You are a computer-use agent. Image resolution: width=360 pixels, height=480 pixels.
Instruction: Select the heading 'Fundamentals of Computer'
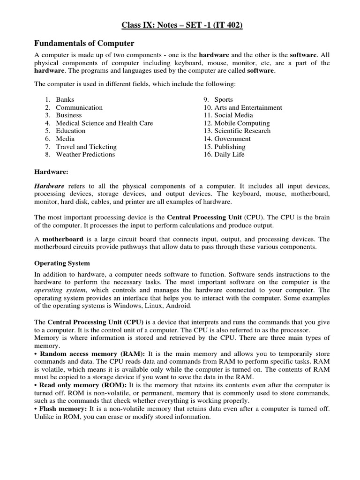pos(84,44)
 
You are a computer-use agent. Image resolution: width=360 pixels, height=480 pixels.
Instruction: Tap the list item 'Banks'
pos(65,100)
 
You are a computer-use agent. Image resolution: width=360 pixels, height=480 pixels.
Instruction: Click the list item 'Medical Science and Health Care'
pos(105,123)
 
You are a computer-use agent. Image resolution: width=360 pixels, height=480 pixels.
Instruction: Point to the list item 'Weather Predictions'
pos(85,154)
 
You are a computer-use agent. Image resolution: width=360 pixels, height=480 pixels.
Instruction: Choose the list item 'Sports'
pos(224,100)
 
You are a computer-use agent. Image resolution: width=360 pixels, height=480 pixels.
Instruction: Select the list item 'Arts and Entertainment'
pos(248,108)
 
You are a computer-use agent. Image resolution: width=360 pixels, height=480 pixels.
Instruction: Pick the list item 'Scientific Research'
pos(242,131)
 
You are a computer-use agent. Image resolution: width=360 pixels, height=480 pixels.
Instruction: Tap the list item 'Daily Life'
pos(229,154)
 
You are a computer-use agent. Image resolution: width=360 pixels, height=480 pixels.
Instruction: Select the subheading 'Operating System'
pos(62,263)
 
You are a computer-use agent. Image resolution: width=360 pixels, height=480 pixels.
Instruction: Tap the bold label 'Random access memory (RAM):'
pos(92,353)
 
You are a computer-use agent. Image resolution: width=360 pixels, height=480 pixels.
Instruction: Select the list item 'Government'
pos(232,139)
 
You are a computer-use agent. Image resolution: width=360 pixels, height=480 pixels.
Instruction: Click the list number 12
pos(207,123)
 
